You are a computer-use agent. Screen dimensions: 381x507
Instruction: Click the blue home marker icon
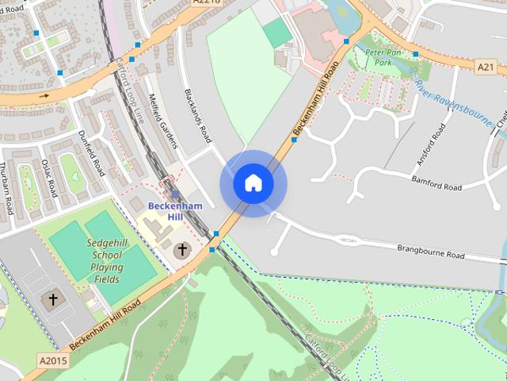coord(253,183)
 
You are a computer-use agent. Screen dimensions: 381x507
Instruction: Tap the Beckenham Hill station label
coord(175,212)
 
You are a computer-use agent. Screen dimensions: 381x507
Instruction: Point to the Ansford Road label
coord(427,144)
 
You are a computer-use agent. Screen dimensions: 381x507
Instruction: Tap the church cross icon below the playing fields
coord(53,299)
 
